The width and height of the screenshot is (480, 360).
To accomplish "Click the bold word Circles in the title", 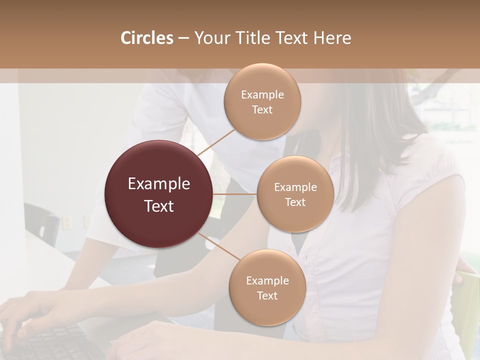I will click(146, 38).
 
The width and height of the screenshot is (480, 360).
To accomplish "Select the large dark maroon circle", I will click(159, 194).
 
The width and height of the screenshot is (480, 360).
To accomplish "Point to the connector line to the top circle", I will click(216, 142).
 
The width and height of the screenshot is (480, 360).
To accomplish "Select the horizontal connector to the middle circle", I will click(235, 194).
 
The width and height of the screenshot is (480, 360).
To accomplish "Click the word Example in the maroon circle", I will click(159, 183).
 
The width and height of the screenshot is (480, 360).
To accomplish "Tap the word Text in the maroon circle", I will click(159, 206).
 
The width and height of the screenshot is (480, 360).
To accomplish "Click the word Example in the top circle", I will click(262, 94).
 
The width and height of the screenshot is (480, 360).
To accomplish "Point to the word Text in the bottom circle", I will click(267, 295).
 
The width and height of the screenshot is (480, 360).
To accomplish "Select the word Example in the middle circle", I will click(295, 187).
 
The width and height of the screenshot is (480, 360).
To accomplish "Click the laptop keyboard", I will click(55, 342).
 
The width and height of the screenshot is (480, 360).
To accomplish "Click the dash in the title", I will click(183, 38).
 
